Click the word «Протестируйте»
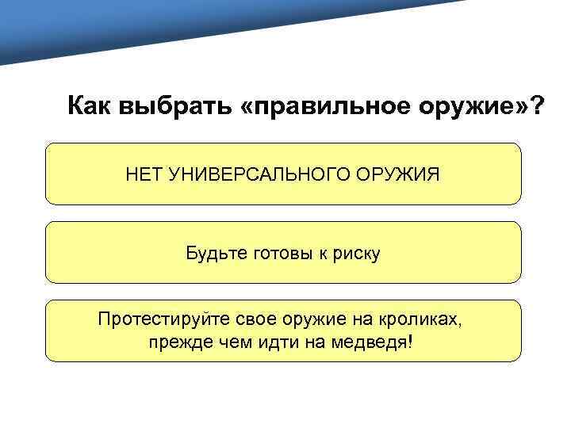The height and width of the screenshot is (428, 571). pyautogui.click(x=164, y=320)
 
